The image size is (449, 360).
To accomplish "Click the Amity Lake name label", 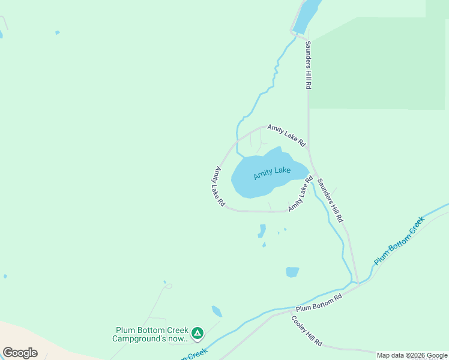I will coord(272,172).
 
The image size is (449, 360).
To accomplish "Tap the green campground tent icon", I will coord(197,332).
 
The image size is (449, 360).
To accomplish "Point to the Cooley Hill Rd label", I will coord(307,331).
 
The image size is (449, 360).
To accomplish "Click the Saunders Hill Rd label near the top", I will coord(307,65).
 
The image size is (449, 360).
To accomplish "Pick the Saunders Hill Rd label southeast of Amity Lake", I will coord(330,200).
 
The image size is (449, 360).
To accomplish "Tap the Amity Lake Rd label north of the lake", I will coord(286,135).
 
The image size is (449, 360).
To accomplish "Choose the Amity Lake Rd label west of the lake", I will coord(216,187).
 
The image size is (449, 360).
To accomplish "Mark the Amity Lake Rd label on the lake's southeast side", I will coord(301,194).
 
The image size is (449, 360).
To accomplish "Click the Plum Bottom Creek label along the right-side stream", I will coord(399,241).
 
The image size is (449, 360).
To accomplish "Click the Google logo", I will coord(20,353).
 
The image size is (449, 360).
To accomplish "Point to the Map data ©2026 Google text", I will coord(412,355).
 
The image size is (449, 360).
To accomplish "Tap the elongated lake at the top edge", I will coord(306,15).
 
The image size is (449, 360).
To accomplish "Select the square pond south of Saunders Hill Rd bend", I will coord(292,272).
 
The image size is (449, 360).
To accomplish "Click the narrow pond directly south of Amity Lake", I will coord(262,231).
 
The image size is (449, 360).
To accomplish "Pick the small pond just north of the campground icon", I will coord(217,311).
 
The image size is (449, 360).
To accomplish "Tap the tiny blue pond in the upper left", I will coord(58,32).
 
